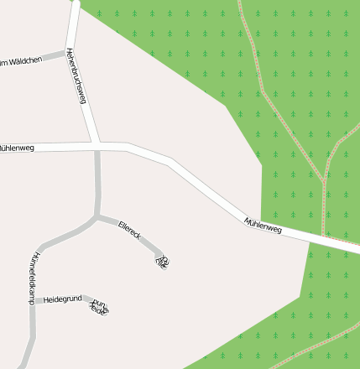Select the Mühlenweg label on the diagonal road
pos(263,224)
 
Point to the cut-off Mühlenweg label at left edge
pos(17,147)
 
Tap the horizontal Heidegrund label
pos(62,299)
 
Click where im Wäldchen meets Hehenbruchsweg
pos(67,52)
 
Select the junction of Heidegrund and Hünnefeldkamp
pos(34,299)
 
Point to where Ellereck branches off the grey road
pos(98,217)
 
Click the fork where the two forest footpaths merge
pos(324,180)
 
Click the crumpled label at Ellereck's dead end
pos(162,260)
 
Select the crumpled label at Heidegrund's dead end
pos(99,308)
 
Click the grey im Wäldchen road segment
pos(52,55)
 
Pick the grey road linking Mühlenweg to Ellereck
pos(97,180)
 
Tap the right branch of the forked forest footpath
pos(340,146)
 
